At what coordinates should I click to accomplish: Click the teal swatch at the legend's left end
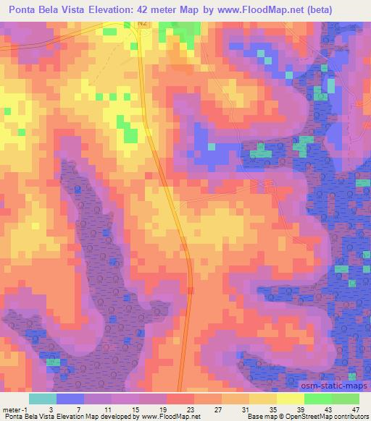pyautogui.click(x=43, y=398)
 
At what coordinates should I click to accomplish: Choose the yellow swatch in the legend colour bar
pyautogui.click(x=290, y=398)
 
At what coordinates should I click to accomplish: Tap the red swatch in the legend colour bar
pyautogui.click(x=180, y=398)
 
